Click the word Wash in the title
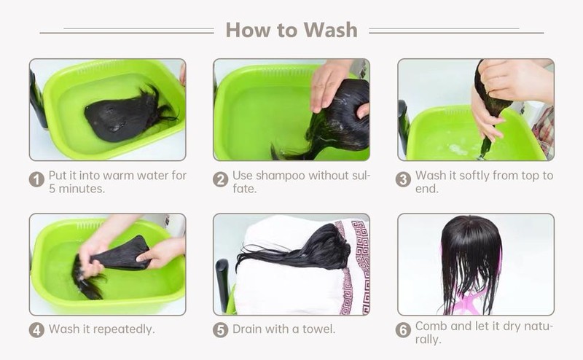331,30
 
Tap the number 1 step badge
36,179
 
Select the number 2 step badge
221,179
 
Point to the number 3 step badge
403,179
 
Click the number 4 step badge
36,330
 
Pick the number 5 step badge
221,330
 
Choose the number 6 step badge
403,330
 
